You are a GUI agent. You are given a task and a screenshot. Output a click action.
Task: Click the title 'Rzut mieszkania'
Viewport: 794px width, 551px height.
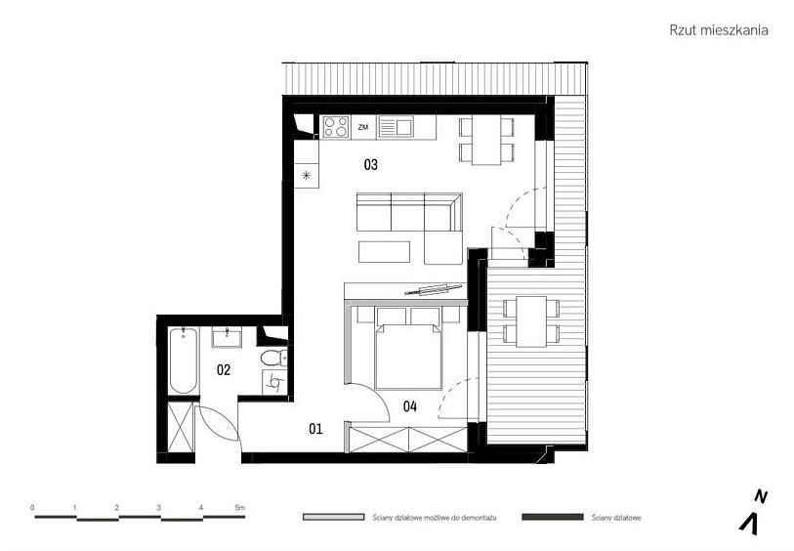click(x=718, y=30)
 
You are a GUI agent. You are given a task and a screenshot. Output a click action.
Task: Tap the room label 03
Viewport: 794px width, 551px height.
click(x=371, y=164)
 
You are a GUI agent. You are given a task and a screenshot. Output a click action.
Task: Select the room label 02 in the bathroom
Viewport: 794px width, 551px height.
click(x=224, y=369)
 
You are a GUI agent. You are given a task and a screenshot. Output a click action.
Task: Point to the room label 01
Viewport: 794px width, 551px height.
click(x=315, y=429)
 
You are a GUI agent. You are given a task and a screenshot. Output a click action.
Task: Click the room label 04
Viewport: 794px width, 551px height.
click(x=409, y=405)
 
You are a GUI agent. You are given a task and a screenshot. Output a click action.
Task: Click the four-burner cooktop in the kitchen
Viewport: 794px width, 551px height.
click(x=336, y=127)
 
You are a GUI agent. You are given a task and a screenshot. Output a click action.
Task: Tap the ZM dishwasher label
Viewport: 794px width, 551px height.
click(x=362, y=127)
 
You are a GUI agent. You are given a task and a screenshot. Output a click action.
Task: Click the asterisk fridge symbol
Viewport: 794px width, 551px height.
click(x=307, y=176)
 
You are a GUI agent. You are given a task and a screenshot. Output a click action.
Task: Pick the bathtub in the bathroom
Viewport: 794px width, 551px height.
click(x=183, y=360)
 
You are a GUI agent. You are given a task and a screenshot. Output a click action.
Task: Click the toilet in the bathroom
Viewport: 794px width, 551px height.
click(x=274, y=358)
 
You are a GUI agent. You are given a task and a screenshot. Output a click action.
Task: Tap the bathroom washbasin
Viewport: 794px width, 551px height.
click(x=227, y=337)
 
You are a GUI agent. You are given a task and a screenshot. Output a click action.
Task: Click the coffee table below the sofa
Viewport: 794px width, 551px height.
click(x=385, y=252)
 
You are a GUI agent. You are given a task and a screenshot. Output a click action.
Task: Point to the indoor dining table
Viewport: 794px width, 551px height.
click(x=486, y=140)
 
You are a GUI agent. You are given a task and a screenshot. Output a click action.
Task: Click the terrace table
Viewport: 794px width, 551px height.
click(x=531, y=321)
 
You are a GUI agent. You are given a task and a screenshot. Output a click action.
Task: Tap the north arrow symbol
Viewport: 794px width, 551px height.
click(x=750, y=523)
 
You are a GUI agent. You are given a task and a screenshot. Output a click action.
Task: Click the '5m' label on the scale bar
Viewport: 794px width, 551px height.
click(x=240, y=507)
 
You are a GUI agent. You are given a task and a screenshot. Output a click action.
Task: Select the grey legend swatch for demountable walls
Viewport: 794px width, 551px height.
click(x=333, y=517)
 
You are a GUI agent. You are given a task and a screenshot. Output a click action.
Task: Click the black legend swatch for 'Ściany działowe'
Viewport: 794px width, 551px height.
click(x=553, y=517)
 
